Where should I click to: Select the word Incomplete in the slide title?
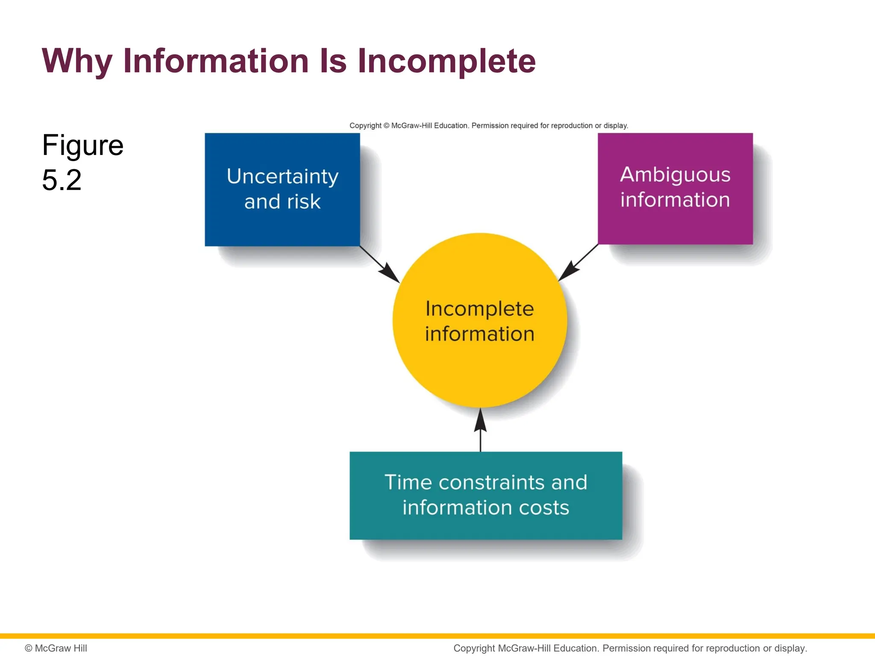[x=446, y=61]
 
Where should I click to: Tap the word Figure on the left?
[x=82, y=145]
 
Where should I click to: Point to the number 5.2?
[x=62, y=180]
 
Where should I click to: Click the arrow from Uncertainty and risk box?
[x=380, y=264]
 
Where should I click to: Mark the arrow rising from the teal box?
[x=480, y=430]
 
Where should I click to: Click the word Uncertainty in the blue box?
[x=282, y=176]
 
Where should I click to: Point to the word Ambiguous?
[x=675, y=175]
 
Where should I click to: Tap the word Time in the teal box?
[x=408, y=482]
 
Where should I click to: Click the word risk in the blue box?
[x=303, y=202]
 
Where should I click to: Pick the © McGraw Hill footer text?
[x=56, y=648]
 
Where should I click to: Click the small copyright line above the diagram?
[x=488, y=126]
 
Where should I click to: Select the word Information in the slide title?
[x=216, y=61]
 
